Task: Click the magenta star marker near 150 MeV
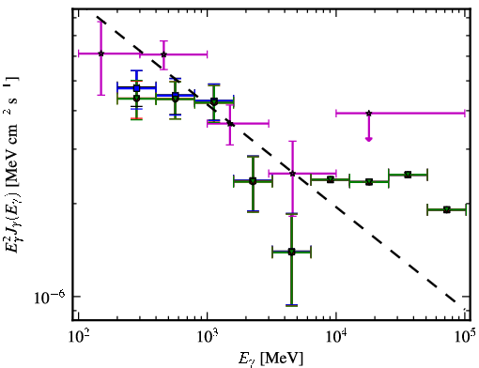[100, 54]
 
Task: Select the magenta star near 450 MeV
[163, 54]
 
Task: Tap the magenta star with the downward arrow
[369, 113]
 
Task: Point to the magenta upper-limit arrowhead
[369, 139]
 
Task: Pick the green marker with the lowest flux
[291, 252]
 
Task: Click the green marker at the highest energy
[447, 209]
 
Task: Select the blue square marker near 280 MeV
[136, 88]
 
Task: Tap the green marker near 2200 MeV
[253, 181]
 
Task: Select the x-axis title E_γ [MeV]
[270, 359]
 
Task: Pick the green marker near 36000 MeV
[408, 175]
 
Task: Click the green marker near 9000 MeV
[331, 179]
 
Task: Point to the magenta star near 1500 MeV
[230, 123]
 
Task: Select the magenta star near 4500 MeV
[292, 174]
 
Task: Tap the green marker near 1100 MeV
[214, 101]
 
